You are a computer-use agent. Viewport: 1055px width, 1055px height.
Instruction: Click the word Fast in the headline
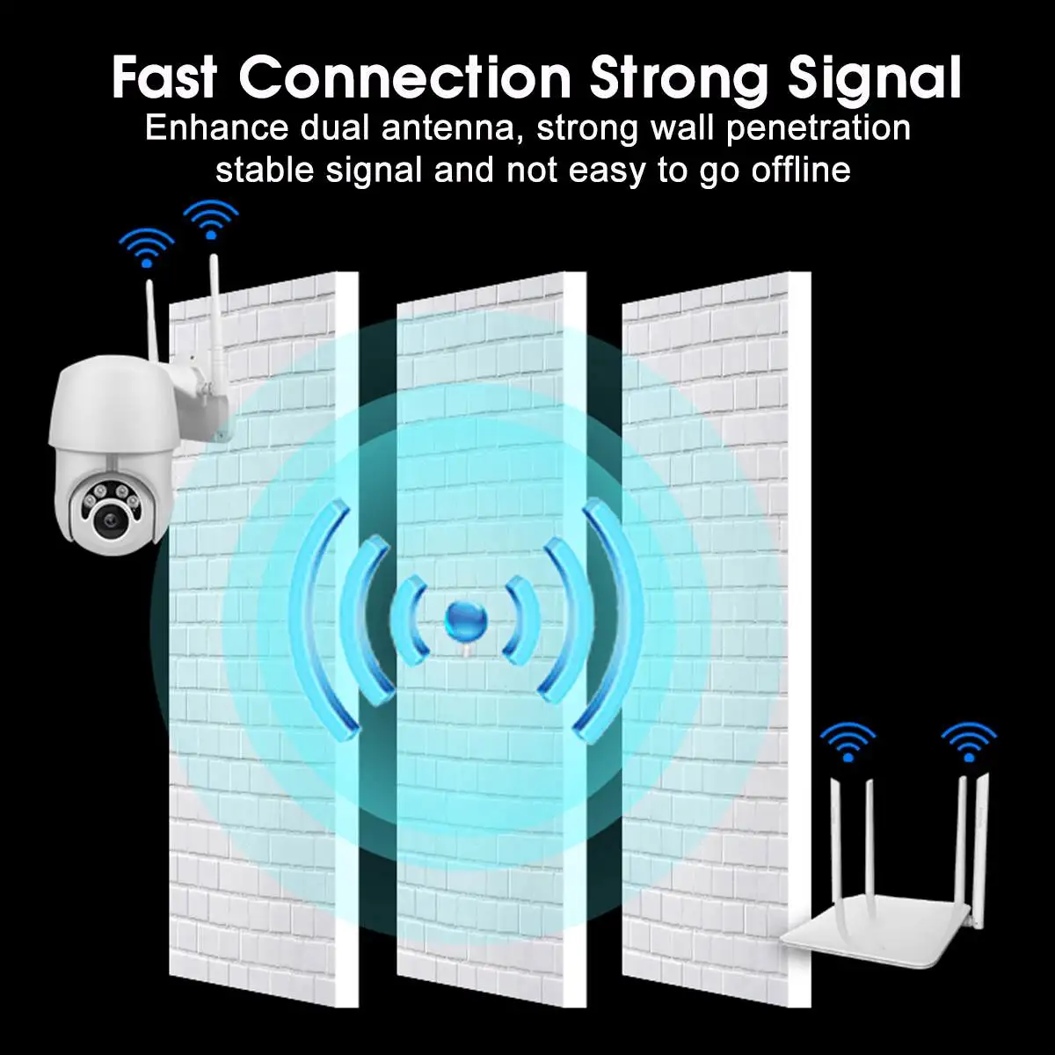164,77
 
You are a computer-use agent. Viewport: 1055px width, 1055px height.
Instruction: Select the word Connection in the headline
404,77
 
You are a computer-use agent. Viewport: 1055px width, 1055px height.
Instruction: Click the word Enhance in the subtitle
216,128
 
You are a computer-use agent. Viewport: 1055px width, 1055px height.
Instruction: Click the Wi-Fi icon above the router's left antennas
848,740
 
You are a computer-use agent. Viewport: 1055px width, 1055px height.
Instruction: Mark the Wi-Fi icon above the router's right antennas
968,740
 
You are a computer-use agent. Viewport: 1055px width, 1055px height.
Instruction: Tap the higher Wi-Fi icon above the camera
210,219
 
